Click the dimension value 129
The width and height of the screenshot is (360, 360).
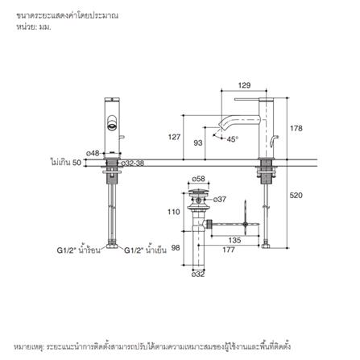click(x=245, y=85)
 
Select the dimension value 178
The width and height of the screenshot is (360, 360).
click(x=296, y=128)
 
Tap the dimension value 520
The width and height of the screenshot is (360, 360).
click(x=296, y=196)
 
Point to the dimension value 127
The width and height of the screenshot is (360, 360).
click(x=173, y=137)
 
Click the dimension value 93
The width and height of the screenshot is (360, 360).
click(x=198, y=143)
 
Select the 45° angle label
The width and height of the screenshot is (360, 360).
click(x=232, y=139)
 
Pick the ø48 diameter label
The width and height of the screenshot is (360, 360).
click(x=93, y=153)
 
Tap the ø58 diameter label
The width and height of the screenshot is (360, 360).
click(x=198, y=179)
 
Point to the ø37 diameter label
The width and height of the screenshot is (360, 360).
click(x=221, y=199)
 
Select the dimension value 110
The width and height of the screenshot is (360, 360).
click(x=173, y=212)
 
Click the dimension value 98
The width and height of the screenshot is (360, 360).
click(x=176, y=248)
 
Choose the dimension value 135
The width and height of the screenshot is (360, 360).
click(x=234, y=240)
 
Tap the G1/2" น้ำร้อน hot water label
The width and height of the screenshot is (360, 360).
click(x=78, y=250)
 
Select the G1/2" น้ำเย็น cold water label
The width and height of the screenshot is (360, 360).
click(x=147, y=250)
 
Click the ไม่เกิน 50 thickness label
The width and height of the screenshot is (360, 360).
click(x=66, y=163)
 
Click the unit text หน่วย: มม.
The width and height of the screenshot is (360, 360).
click(x=33, y=27)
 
